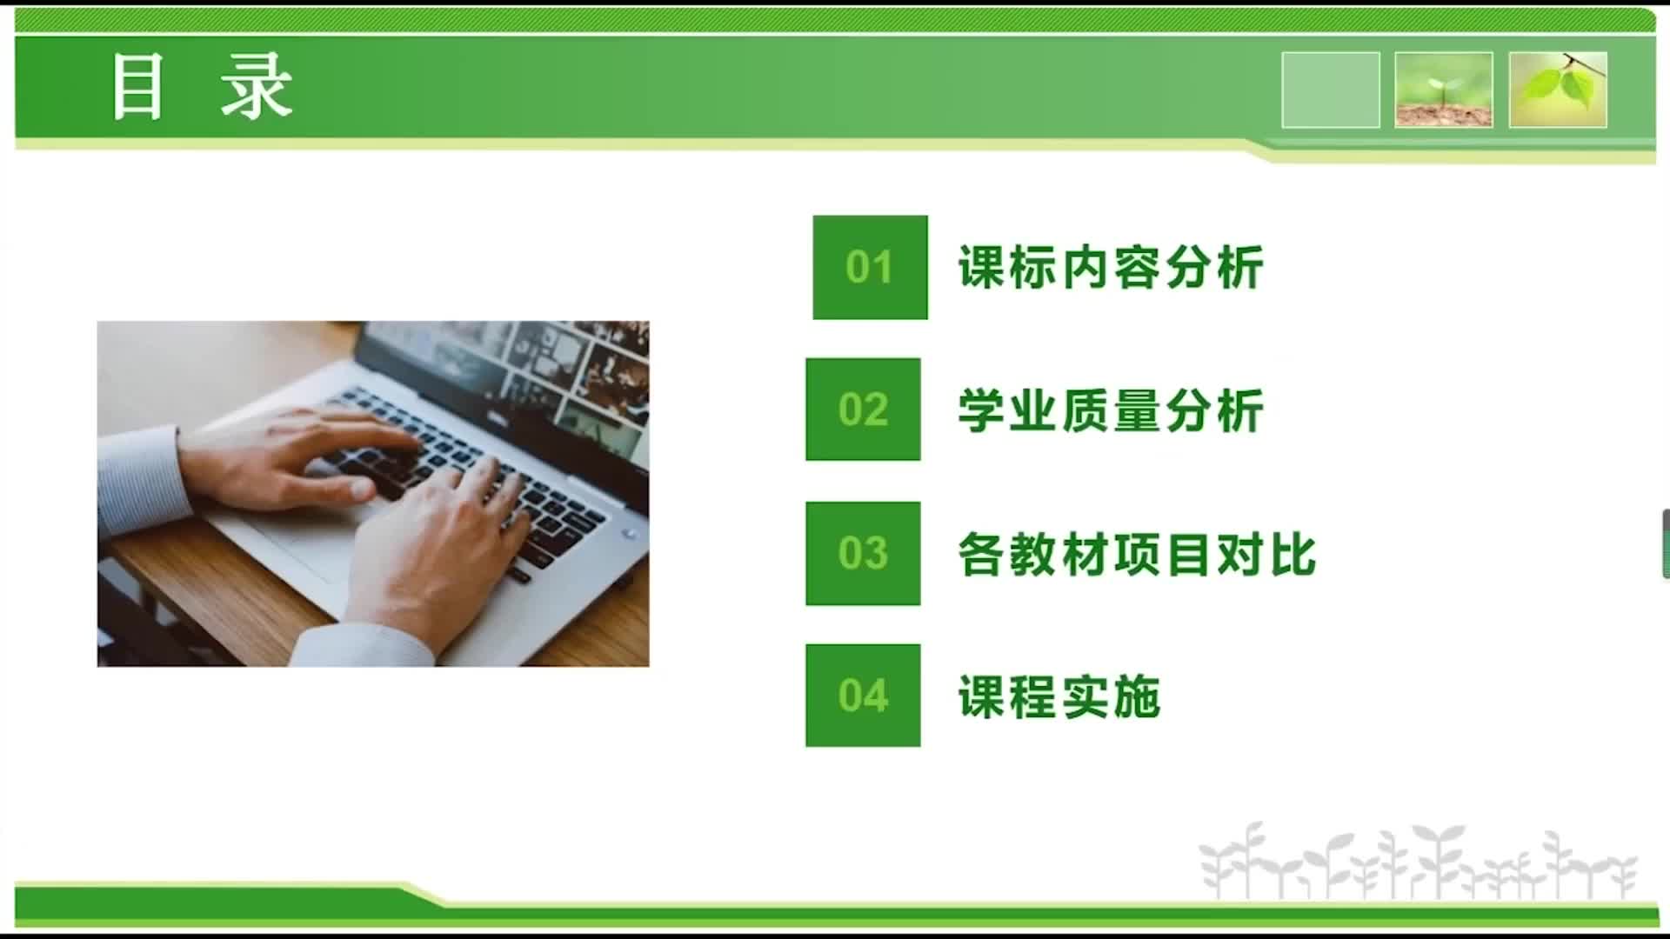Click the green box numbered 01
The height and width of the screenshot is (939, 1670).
[870, 267]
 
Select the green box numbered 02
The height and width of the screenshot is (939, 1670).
[863, 409]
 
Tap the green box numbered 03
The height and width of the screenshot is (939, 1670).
[863, 553]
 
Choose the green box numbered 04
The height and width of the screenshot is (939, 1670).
[863, 696]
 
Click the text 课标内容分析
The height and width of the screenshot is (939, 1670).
[1111, 267]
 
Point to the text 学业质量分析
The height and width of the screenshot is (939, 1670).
[1111, 410]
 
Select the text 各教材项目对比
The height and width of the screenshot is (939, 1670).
[1137, 554]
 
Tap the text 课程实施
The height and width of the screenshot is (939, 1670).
[1059, 696]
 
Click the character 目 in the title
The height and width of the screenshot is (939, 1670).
[137, 86]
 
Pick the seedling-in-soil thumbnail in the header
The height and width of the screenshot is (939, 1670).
[1444, 90]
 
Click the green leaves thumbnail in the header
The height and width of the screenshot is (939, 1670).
[1558, 90]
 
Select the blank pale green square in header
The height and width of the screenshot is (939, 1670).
[1331, 90]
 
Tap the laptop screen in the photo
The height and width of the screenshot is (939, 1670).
[513, 374]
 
